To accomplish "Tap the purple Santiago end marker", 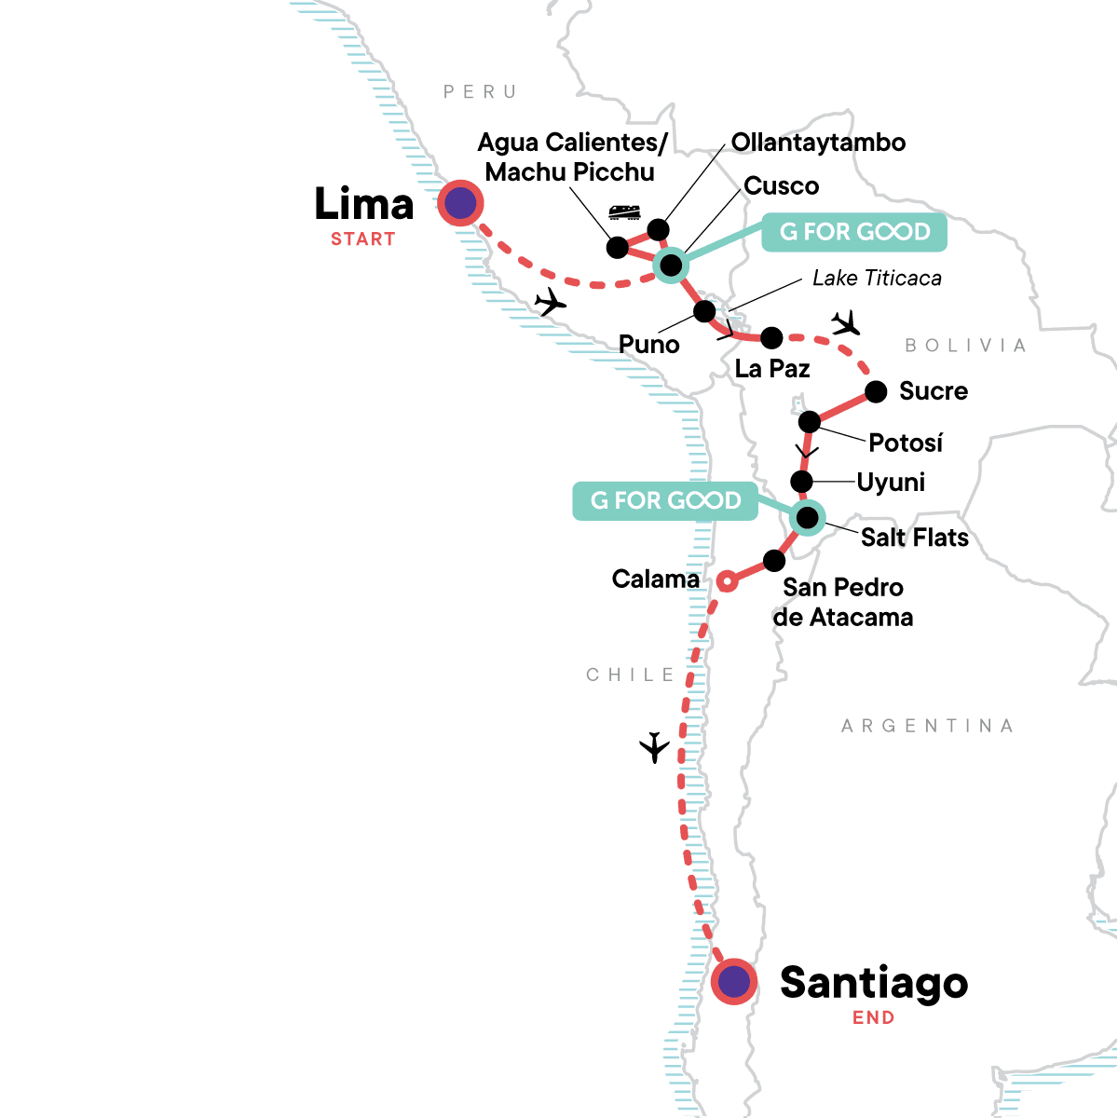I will click(734, 981).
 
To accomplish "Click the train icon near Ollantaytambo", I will click(625, 211).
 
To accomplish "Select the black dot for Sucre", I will click(876, 391).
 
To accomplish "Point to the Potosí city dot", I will click(810, 421).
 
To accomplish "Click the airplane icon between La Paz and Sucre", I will click(846, 323).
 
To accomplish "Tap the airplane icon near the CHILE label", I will click(655, 747).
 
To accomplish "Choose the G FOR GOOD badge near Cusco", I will click(854, 232).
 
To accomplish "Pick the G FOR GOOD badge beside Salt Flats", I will click(665, 501).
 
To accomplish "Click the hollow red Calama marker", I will click(728, 581).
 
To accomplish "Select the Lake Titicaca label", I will click(877, 278).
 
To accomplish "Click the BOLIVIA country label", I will click(965, 346).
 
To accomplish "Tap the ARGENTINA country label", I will click(927, 726).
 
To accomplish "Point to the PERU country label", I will click(480, 91).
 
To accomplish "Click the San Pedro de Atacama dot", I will click(774, 561).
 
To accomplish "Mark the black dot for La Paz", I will click(771, 336).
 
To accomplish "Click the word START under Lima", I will click(362, 239).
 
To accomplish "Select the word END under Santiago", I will click(873, 1018).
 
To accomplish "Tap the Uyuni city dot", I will click(801, 482).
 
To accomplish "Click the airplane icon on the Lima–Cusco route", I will click(552, 302).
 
